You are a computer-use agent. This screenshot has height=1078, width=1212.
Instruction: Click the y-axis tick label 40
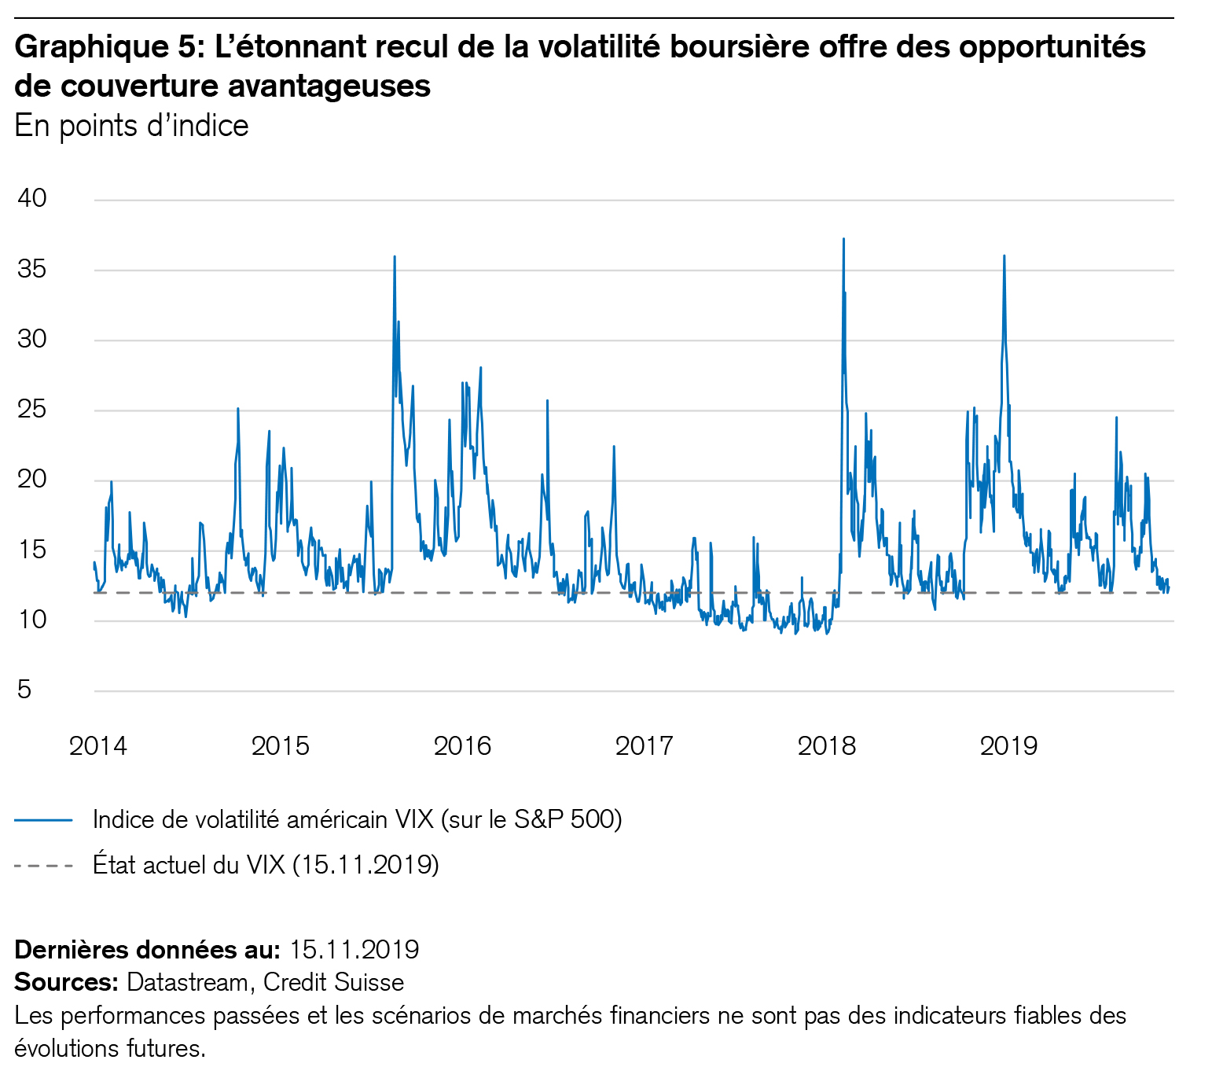[32, 198]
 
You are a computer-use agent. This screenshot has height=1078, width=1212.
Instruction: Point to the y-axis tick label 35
[32, 269]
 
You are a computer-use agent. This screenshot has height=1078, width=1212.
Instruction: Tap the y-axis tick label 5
[24, 690]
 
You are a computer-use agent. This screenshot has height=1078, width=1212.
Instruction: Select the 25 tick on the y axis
[32, 410]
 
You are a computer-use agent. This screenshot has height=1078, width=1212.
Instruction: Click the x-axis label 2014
[98, 745]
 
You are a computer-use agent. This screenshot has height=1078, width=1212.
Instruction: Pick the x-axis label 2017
[645, 745]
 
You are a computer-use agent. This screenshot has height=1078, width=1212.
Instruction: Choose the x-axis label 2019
[1008, 745]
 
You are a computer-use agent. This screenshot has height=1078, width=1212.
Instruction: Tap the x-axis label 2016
[462, 745]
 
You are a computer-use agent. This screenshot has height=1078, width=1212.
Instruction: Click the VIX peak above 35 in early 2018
[843, 239]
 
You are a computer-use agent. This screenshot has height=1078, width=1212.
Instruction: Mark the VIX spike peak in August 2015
[395, 257]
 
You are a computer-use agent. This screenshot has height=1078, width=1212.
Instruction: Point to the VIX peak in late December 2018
[1004, 256]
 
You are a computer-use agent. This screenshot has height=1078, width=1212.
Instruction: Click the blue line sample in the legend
[43, 820]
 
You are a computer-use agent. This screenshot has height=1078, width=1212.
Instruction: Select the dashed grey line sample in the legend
[43, 866]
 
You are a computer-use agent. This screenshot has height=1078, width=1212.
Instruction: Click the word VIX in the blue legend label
[410, 819]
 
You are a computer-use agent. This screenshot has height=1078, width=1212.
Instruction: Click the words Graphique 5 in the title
[104, 47]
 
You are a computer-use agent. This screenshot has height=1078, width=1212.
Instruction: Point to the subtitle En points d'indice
[131, 126]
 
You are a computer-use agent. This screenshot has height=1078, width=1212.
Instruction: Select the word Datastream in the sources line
[187, 982]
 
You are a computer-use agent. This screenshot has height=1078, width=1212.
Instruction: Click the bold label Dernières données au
[147, 950]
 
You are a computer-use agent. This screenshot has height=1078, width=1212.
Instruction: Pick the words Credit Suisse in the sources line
[333, 982]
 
